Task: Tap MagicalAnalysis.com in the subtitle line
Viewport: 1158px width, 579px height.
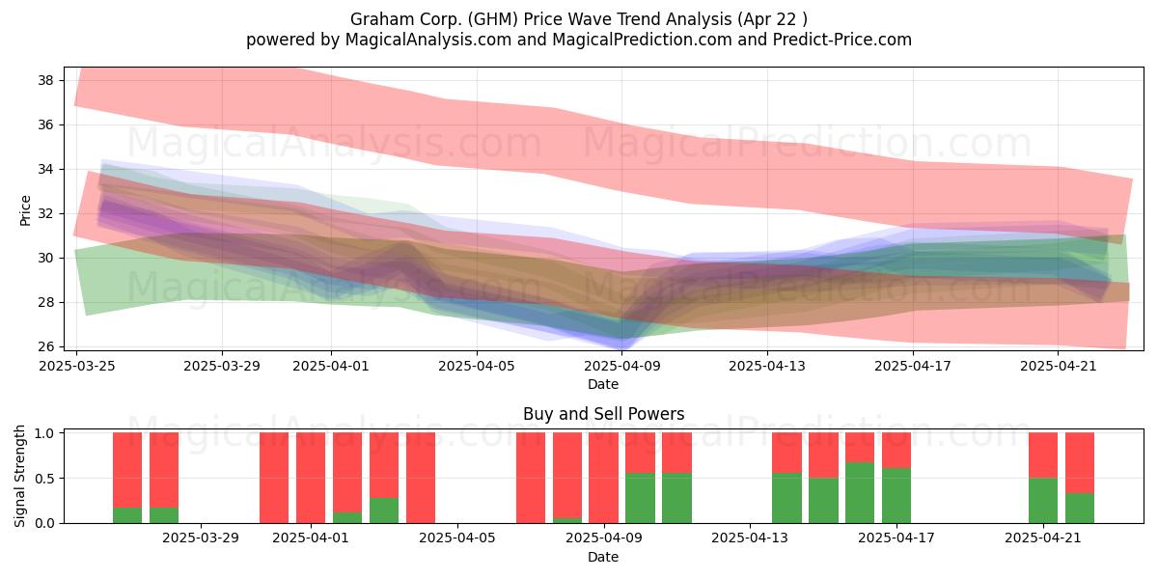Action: tap(428, 40)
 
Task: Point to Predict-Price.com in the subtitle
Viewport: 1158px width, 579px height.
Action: tap(842, 40)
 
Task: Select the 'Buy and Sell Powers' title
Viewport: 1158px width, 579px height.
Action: tap(603, 414)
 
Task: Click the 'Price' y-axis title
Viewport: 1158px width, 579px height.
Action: tap(25, 211)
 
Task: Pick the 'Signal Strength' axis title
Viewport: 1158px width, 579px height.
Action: tap(19, 476)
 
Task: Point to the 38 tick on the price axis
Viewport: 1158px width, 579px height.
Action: tap(45, 80)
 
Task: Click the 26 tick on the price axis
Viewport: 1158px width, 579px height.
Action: tap(45, 346)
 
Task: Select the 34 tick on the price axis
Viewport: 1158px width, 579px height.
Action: tap(45, 169)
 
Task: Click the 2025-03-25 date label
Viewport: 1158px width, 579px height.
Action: tap(77, 366)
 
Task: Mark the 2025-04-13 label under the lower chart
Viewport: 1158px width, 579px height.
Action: tap(750, 538)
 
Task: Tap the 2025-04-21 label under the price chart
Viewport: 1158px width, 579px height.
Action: tap(1059, 366)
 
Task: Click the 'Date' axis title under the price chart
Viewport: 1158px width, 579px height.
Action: tap(603, 384)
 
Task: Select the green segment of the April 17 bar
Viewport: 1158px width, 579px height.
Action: tap(896, 496)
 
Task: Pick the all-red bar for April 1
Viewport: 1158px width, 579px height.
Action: tap(311, 478)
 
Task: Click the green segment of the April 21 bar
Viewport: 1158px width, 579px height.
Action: tap(1043, 501)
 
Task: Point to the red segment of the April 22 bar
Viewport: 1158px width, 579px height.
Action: tap(1080, 463)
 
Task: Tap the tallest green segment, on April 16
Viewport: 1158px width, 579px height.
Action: tap(860, 493)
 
